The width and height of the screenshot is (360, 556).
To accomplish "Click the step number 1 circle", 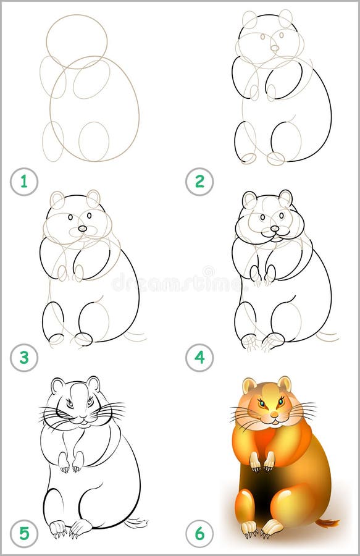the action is [x=23, y=182].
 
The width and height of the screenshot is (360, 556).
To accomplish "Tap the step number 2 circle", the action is [x=199, y=182].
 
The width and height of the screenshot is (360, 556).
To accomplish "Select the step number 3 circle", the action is [x=23, y=358].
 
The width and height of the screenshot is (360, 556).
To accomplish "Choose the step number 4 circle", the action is [x=199, y=358].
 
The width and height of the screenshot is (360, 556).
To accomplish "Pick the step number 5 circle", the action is [x=23, y=533].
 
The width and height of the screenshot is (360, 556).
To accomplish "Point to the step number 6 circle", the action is [x=199, y=533].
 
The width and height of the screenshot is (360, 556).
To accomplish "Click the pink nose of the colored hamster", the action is [x=274, y=414].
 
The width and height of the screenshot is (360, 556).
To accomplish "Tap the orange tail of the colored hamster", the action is [x=329, y=523].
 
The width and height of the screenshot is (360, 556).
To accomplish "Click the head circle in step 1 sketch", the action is [x=77, y=41].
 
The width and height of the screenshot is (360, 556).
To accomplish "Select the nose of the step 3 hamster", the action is [x=83, y=229].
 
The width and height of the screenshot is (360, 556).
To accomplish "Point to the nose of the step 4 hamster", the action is [x=275, y=229].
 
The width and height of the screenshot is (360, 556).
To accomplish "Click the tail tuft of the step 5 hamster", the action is [x=138, y=523].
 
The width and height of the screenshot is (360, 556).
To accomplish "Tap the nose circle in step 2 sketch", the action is [x=275, y=48].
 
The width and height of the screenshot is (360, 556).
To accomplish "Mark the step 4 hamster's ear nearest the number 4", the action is [x=249, y=199].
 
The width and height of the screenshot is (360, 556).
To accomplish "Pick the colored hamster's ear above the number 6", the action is [x=249, y=385].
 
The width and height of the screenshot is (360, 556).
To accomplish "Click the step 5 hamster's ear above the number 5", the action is [x=58, y=385].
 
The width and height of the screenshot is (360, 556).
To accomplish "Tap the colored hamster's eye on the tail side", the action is [x=282, y=402].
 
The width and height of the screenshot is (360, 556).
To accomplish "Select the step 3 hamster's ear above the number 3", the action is [x=57, y=200].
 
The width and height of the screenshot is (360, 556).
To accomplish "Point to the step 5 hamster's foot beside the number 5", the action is [x=57, y=528].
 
